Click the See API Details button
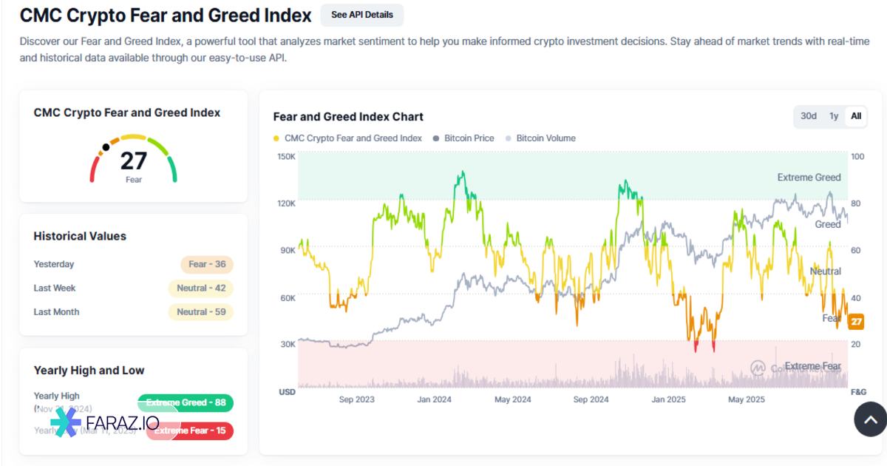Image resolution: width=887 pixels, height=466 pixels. pos(362,15)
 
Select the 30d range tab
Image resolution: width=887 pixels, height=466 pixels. pos(809,116)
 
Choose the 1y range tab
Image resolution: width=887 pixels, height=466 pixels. pos(834,116)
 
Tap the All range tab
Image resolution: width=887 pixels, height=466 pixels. pos(856,116)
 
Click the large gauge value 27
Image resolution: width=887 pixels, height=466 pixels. pos(134,161)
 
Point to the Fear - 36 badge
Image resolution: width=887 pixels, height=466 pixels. pos(207,265)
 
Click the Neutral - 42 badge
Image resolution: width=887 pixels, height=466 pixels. pos(201,288)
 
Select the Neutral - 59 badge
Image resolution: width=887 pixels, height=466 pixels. pos(201,312)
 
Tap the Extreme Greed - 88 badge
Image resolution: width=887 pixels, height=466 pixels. pos(186,403)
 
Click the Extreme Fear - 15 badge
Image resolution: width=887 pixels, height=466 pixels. pos(190,431)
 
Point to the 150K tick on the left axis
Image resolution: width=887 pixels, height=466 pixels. pos(286,157)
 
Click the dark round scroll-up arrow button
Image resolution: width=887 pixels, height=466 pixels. pos(870,420)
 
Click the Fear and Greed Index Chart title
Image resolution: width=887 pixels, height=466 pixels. pos(348,117)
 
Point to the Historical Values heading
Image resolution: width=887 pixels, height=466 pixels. pos(80,237)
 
